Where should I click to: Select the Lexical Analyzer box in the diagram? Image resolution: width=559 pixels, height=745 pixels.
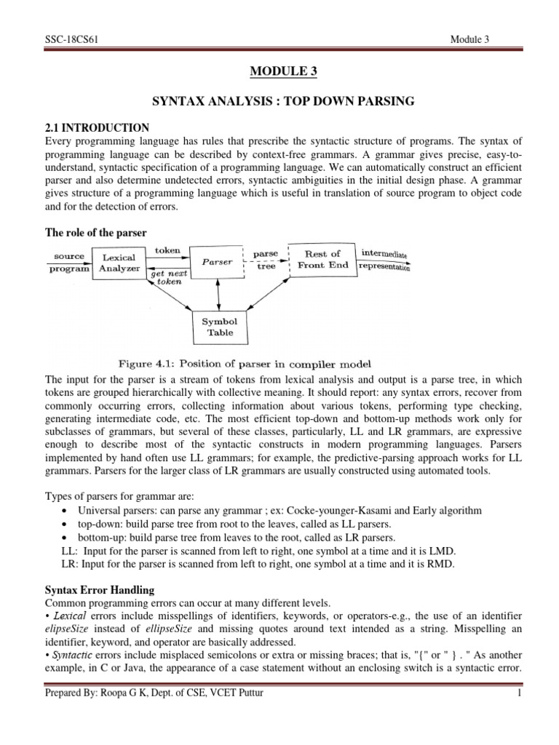click(119, 262)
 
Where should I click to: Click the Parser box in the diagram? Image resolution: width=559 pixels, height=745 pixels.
click(218, 262)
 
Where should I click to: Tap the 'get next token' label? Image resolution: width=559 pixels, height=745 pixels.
click(168, 280)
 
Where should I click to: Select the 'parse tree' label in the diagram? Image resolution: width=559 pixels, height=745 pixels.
click(266, 260)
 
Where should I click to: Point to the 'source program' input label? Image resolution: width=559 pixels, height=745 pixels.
click(68, 262)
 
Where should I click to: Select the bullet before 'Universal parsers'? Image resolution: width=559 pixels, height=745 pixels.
click(66, 510)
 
